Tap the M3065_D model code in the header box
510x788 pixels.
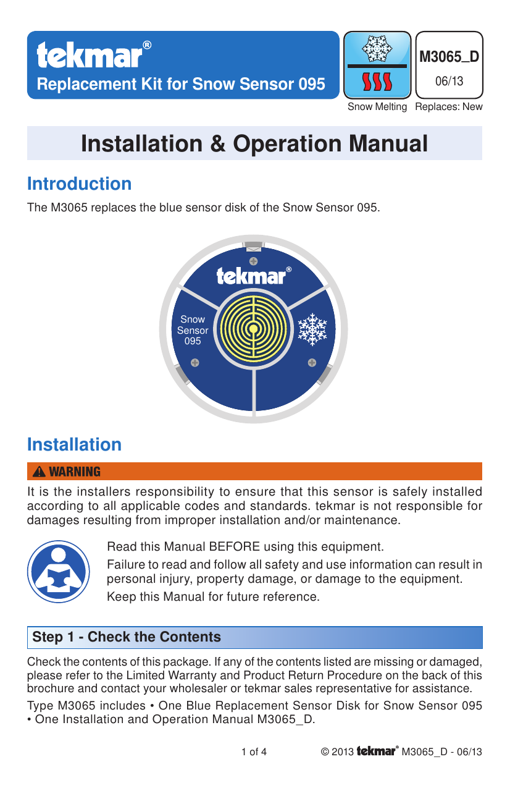(449, 57)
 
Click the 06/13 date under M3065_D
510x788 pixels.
(449, 81)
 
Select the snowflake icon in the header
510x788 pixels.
(377, 49)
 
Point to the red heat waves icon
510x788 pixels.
(377, 82)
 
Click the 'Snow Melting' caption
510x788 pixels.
(377, 107)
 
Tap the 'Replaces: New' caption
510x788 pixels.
(449, 107)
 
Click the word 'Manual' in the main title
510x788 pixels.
(388, 144)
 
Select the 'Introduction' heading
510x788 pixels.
(79, 184)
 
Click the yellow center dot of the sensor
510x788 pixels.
(253, 329)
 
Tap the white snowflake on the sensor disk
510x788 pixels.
(312, 329)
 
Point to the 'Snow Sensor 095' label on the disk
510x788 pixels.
(193, 330)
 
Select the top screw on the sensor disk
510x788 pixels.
(253, 262)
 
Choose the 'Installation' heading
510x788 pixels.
(74, 444)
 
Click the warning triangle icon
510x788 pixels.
(40, 472)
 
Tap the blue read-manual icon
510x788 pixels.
(59, 572)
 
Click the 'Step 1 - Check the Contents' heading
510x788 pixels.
(127, 637)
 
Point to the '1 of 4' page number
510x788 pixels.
(254, 752)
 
